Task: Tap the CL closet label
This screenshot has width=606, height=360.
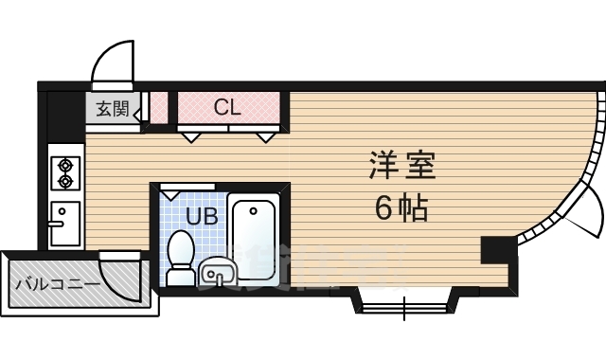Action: pyautogui.click(x=227, y=107)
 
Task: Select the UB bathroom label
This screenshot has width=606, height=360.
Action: pyautogui.click(x=201, y=216)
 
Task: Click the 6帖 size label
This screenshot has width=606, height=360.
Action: pyautogui.click(x=401, y=206)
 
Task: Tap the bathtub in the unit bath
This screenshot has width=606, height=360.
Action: pyautogui.click(x=254, y=238)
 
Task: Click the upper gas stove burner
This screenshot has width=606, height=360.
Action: pyautogui.click(x=65, y=161)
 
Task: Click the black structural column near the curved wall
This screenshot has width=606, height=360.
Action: pyautogui.click(x=496, y=250)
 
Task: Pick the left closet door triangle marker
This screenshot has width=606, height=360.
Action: pyautogui.click(x=191, y=136)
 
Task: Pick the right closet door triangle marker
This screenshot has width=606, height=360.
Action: pyautogui.click(x=266, y=136)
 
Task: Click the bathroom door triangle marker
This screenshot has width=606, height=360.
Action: pyautogui.click(x=172, y=193)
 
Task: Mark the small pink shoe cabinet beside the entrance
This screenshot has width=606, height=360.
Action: pyautogui.click(x=159, y=107)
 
